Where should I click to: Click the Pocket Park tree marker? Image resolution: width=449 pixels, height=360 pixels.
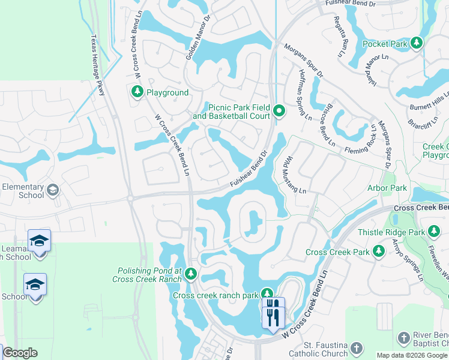pos(415,43)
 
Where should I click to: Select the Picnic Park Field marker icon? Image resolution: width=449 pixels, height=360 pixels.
pos(279,110)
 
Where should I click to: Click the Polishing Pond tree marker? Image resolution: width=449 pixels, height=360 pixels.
pos(191,274)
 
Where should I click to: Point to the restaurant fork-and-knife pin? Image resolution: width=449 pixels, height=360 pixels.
pos(273,312)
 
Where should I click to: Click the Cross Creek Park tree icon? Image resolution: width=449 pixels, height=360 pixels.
pos(379,251)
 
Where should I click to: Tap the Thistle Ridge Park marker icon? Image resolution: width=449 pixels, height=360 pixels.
pos(433,232)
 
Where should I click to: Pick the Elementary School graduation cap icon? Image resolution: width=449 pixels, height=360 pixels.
pos(53,190)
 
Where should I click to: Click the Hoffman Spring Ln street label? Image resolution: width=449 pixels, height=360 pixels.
pos(304,95)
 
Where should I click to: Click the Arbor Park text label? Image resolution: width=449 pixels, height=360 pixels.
pos(387,188)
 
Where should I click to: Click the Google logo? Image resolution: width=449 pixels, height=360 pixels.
pos(20,353)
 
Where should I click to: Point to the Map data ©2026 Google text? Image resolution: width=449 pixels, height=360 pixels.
pos(412,355)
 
